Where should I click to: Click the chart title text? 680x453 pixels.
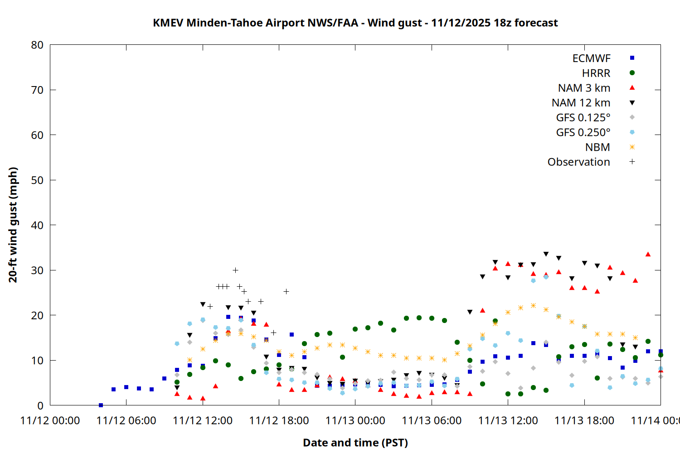coord(355,23)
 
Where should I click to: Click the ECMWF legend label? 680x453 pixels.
coord(591,58)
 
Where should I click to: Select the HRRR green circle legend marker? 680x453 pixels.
coord(632,73)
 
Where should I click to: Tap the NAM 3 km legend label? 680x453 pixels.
coord(584,88)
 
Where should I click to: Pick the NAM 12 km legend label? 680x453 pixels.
coord(581,103)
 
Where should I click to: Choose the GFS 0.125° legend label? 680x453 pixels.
coord(583,118)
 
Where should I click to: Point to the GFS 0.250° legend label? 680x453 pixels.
coord(583,132)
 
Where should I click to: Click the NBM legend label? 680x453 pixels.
coord(597,147)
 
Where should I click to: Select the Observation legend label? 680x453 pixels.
coord(578,162)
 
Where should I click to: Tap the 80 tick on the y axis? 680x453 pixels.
coord(37,45)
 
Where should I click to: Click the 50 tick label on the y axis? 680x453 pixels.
coord(37,180)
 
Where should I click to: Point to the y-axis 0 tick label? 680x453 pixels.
coord(40,405)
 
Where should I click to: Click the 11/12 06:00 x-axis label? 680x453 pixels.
coord(126,420)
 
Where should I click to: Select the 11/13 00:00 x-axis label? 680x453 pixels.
coord(355,420)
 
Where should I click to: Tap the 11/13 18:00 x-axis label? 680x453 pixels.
coord(584,420)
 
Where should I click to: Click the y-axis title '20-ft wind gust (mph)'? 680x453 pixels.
coord(13,225)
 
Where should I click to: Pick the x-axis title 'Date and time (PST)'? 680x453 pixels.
coord(355,443)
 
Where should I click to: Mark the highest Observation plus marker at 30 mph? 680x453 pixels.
coord(235,270)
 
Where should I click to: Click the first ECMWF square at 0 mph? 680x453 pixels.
coord(101,405)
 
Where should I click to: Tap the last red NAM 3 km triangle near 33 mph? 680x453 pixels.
coord(648,254)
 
